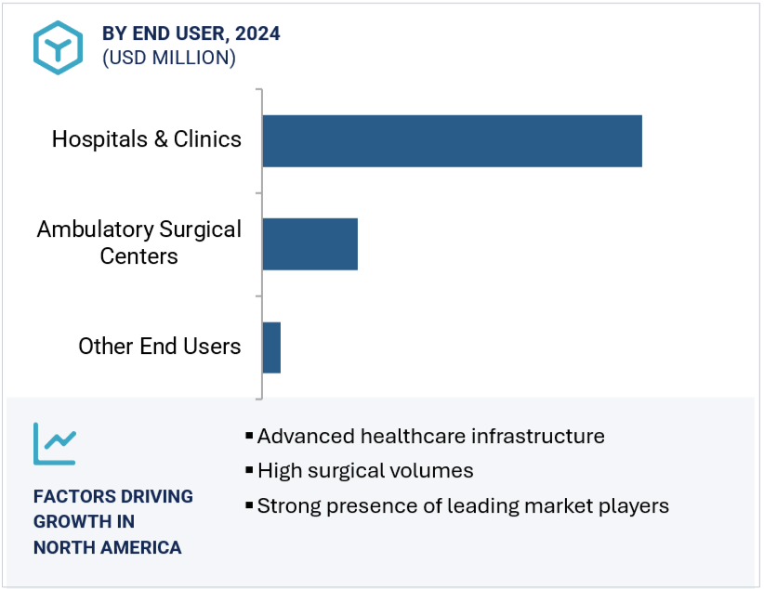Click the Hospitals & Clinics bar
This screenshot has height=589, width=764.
452,141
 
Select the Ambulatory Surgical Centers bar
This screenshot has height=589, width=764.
310,244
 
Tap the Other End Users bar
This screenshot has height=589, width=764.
271,347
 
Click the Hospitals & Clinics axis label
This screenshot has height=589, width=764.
147,139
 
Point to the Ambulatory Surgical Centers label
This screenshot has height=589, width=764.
139,242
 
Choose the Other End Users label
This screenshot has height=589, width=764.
160,347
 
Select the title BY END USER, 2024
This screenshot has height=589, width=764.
191,33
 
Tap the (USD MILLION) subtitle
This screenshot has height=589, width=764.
169,58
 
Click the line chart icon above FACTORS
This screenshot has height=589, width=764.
55,443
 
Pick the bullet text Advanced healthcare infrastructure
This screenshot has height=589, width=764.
430,436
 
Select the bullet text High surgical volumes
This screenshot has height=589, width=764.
365,471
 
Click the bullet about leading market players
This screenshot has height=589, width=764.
463,506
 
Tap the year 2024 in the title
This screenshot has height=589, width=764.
257,33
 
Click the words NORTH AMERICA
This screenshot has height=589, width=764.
108,547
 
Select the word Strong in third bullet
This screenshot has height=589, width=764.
285,506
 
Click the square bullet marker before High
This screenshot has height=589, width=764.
249,471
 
